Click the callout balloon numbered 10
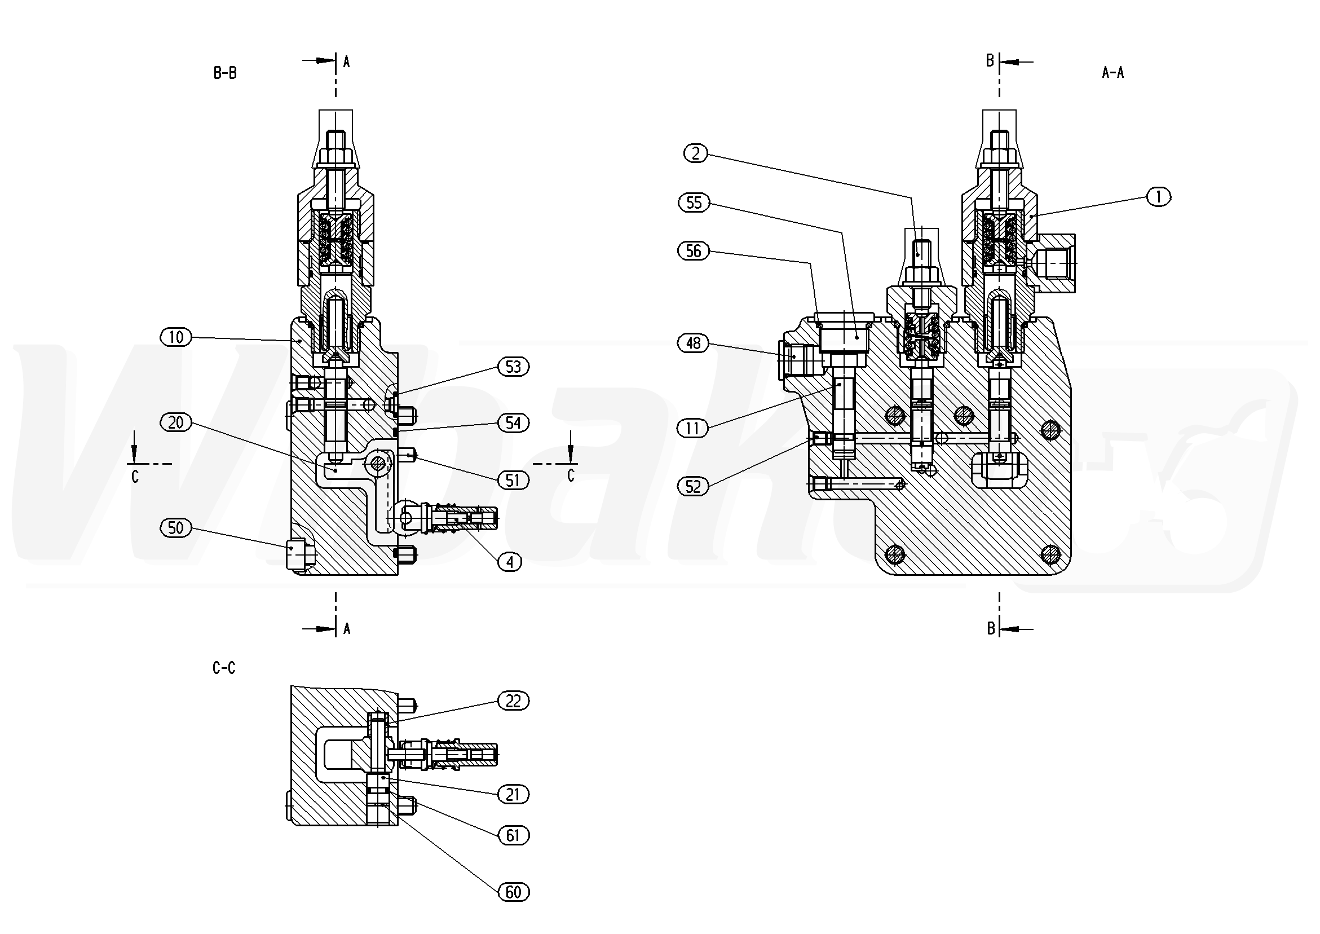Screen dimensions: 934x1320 (176, 337)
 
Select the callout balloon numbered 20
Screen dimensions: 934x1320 (176, 422)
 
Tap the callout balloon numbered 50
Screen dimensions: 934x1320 (176, 528)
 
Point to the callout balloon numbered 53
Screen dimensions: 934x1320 (513, 367)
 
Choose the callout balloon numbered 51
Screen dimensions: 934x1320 (513, 480)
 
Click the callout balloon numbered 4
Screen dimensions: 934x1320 (510, 562)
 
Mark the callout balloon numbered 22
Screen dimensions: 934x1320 (513, 701)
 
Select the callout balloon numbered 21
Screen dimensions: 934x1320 (513, 795)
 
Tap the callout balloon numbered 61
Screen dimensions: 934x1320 (513, 835)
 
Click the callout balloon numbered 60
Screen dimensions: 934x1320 (513, 892)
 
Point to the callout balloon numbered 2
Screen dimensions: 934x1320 (696, 153)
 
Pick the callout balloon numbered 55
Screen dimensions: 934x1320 (694, 203)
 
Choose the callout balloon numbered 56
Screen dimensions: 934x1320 (694, 252)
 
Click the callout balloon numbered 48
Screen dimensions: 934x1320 (694, 343)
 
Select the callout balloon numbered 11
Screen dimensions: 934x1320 (692, 429)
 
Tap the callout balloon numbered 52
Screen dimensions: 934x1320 (693, 487)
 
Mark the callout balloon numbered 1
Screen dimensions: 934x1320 (1158, 197)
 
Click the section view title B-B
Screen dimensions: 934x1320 (225, 73)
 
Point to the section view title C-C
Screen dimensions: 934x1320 (224, 668)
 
